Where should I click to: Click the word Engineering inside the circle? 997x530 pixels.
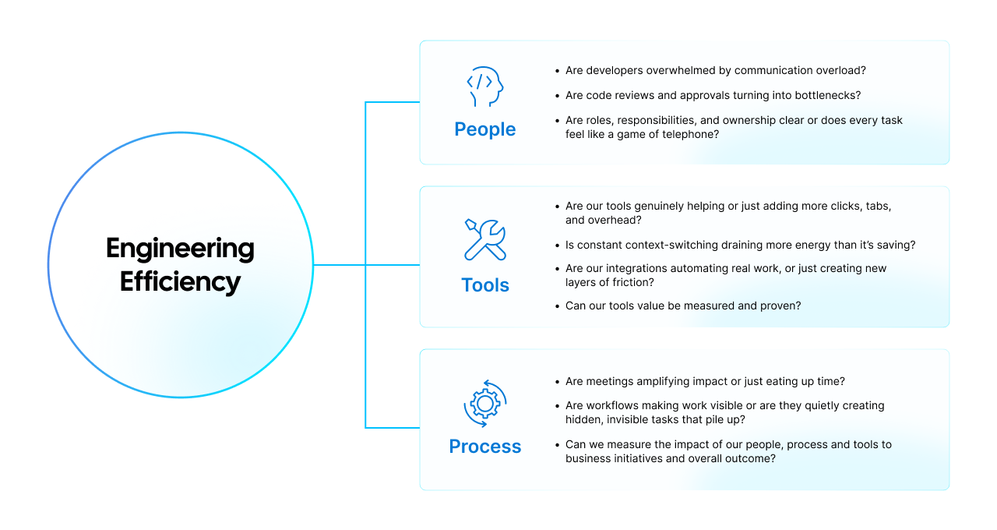(x=180, y=249)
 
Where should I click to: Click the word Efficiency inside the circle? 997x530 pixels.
(x=180, y=281)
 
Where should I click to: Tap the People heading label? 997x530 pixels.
(x=484, y=129)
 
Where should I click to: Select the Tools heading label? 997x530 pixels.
(x=484, y=285)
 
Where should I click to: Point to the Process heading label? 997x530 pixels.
(x=484, y=447)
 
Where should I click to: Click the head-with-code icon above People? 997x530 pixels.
(x=484, y=87)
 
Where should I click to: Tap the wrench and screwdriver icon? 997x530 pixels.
(x=484, y=240)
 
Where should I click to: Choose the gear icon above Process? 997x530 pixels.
(x=484, y=403)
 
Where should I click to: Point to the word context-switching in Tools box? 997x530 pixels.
(x=668, y=245)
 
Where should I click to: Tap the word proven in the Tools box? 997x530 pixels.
(x=781, y=306)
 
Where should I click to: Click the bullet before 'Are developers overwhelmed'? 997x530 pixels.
(x=557, y=71)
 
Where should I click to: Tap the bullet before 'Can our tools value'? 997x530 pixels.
(x=557, y=306)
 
